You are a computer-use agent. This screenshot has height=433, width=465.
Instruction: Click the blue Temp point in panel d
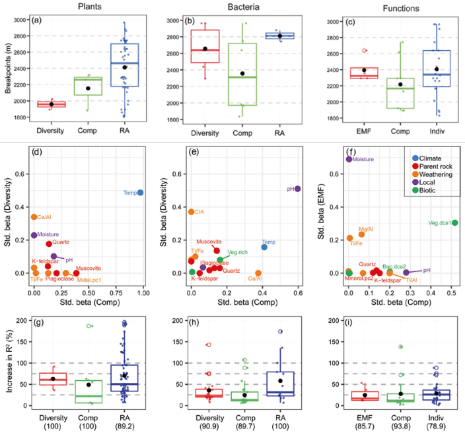(x=140, y=193)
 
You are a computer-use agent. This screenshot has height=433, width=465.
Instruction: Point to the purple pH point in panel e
(x=298, y=189)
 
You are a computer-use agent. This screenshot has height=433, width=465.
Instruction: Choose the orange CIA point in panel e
(x=191, y=212)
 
